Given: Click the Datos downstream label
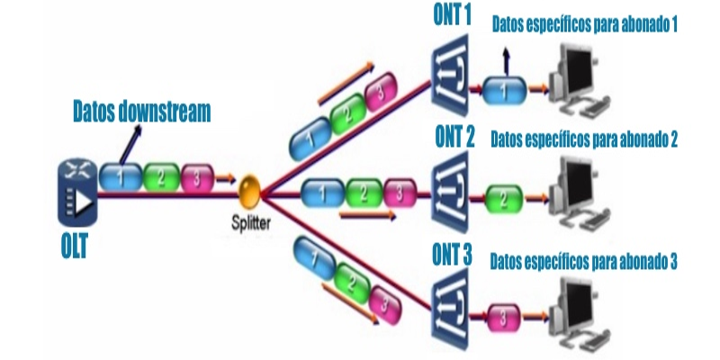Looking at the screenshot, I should coord(141,112).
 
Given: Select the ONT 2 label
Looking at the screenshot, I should coord(454,138).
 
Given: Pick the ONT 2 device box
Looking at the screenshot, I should coord(447,190).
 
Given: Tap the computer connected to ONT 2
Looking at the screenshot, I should coord(580,189).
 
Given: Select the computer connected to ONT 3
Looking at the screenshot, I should coord(580,310).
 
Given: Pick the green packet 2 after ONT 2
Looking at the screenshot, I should coord(504,195).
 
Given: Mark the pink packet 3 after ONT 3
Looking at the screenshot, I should coord(505,317).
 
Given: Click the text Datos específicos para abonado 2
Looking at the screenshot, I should coord(583,139).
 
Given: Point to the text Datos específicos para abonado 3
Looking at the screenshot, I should coord(583,262).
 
